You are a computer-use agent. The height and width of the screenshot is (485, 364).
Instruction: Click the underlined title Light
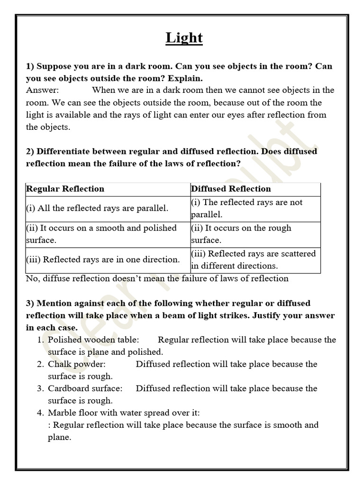(184, 38)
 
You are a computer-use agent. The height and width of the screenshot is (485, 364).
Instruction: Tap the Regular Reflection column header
(65, 189)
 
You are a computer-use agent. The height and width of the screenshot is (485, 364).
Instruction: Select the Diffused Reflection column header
(231, 189)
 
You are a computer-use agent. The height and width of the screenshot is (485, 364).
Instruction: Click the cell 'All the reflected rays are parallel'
(97, 208)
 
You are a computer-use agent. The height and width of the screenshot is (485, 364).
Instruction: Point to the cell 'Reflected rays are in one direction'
(103, 260)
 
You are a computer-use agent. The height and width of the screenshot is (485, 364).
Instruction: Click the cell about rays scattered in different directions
(253, 260)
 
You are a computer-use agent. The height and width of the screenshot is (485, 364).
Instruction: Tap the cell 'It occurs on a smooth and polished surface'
(101, 234)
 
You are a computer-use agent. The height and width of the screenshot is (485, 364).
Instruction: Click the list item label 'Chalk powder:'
(76, 364)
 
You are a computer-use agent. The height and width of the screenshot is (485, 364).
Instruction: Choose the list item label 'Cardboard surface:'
(85, 388)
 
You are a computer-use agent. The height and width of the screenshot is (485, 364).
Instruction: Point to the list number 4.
(40, 413)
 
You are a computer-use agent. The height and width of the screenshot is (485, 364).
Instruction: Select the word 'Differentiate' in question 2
(64, 152)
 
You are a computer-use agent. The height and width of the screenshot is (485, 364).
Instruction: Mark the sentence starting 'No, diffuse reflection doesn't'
(157, 278)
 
